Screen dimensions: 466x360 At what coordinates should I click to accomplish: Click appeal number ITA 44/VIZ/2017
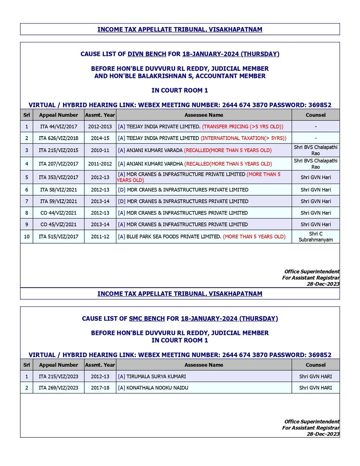(58, 127)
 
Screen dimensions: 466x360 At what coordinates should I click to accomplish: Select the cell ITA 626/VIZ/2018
(58, 138)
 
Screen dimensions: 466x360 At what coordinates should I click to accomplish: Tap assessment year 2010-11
(100, 150)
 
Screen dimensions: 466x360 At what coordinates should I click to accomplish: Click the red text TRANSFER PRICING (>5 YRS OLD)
(242, 127)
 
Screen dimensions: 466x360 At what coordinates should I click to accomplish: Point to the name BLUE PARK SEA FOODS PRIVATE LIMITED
(174, 237)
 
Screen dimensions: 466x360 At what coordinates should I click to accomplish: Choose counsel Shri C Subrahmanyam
(315, 237)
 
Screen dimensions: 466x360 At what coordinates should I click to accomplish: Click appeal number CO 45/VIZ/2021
(58, 224)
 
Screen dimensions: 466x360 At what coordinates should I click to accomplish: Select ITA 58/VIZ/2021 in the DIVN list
(58, 190)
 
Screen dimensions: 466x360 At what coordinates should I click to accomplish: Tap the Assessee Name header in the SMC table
(204, 365)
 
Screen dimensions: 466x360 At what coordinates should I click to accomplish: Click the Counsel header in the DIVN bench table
(315, 115)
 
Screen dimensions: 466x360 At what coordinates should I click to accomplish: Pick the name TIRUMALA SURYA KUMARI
(156, 377)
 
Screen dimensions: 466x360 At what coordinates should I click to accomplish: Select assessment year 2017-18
(100, 388)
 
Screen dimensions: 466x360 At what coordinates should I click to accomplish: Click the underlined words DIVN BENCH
(147, 54)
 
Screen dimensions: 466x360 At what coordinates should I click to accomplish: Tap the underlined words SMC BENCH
(147, 319)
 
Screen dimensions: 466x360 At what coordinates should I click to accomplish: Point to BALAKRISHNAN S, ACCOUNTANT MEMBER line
(180, 76)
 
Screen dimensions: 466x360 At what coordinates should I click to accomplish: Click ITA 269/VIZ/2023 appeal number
(58, 388)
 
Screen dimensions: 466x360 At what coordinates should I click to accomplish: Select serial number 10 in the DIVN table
(26, 237)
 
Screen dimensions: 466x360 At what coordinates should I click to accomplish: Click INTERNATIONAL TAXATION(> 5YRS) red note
(244, 138)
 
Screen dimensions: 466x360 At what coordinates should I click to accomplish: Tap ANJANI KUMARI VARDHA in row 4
(155, 164)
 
